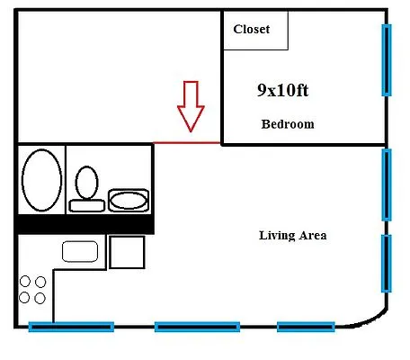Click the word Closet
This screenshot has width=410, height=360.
click(251, 30)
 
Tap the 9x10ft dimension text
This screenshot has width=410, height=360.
click(283, 91)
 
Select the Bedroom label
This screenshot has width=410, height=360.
click(287, 124)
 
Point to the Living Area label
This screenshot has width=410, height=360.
click(292, 236)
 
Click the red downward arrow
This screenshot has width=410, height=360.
click(191, 105)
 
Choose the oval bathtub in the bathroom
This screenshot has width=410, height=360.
click(40, 179)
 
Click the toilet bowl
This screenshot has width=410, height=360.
click(87, 184)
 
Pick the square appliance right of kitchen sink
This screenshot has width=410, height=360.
click(127, 251)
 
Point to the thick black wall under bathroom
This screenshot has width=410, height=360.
click(85, 224)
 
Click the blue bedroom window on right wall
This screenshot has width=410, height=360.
click(387, 60)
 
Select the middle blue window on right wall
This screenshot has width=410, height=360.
click(387, 184)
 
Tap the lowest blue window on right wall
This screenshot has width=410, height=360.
click(387, 263)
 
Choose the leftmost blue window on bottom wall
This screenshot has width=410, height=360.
click(71, 327)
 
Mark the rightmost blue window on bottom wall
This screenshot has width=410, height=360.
click(306, 327)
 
